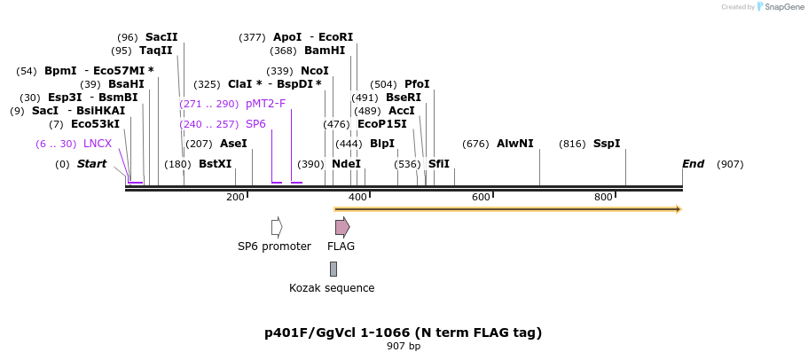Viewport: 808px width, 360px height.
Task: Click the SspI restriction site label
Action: [607, 144]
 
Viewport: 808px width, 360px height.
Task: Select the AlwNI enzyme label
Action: [514, 144]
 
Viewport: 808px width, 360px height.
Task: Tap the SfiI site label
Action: [439, 164]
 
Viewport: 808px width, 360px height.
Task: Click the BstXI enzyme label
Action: [215, 164]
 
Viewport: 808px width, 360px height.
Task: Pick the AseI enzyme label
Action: [233, 144]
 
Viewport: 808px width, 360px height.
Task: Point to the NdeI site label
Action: [346, 164]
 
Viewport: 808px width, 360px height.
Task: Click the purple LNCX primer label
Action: [98, 144]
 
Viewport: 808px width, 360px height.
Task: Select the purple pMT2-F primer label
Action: [265, 104]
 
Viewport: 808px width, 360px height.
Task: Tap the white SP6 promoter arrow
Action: [277, 227]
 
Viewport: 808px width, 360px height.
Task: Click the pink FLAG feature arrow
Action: [342, 227]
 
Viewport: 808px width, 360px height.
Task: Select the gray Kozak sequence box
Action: [333, 269]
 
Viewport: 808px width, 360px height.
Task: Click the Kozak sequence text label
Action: [332, 288]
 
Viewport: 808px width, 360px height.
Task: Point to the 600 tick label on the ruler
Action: [481, 197]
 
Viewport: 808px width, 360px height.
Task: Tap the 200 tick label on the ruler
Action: [235, 197]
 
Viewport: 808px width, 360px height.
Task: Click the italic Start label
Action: [91, 164]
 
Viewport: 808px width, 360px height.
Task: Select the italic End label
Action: [693, 164]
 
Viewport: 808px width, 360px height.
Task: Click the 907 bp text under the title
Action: [404, 347]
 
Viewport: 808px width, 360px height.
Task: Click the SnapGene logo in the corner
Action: [781, 7]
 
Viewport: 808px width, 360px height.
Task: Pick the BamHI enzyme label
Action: [325, 51]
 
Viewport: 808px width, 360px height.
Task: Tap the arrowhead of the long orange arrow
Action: [679, 209]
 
